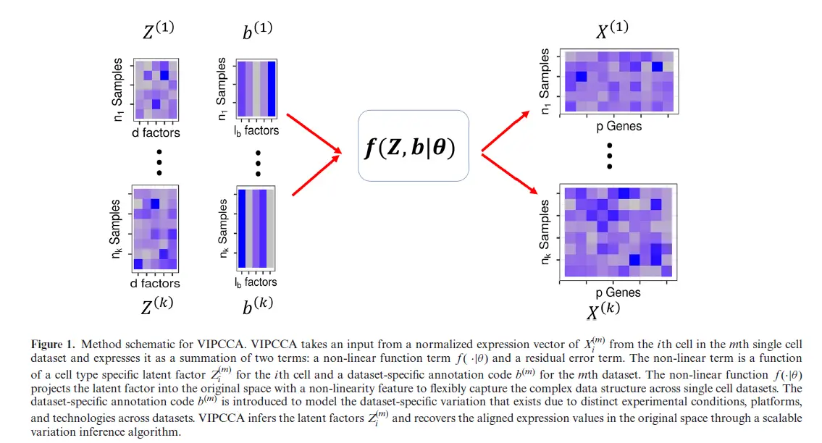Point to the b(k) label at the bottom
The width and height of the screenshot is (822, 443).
[x=257, y=307]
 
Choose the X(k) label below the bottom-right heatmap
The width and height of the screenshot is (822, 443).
[x=603, y=312]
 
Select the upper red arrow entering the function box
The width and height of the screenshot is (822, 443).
[x=314, y=133]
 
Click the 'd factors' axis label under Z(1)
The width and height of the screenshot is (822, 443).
[x=155, y=132]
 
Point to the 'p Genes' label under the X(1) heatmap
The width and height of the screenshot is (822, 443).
[x=618, y=127]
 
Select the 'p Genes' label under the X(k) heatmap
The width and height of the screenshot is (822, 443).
[x=618, y=292]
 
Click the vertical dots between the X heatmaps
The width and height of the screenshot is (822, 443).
[x=610, y=156]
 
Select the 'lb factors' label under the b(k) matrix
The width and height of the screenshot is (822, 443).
[x=256, y=282]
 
